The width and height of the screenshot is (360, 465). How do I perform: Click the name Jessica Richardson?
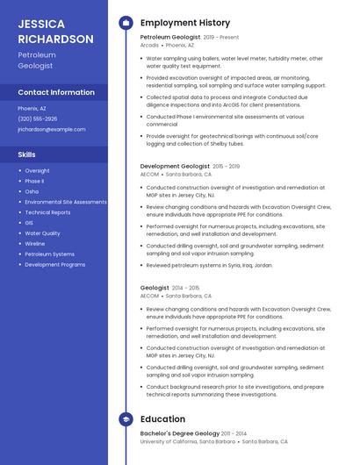pos(55,32)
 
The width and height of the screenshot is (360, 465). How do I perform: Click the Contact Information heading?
pos(56,92)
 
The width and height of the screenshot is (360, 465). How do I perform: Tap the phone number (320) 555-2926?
pos(38,118)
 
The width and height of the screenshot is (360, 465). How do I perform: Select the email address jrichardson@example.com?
pos(52,129)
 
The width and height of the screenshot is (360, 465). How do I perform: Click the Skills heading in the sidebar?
pos(27,154)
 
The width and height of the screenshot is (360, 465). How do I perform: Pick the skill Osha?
pos(32,191)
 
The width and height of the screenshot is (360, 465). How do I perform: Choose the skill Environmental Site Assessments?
pos(66,202)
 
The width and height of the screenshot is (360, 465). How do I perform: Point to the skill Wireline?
pos(35,244)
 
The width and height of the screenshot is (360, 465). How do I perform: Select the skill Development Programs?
pos(55,264)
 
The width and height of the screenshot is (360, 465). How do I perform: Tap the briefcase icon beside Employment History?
pos(126,22)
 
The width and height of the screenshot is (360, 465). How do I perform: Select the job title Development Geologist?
pos(175,166)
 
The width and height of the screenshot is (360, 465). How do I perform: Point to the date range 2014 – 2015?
pos(185,288)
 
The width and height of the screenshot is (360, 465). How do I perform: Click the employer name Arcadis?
pos(149,46)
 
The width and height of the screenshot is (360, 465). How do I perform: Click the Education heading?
pos(162,419)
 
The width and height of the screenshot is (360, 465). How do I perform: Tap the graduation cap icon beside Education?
pos(126,419)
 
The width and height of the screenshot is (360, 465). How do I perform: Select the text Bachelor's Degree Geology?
pos(179,433)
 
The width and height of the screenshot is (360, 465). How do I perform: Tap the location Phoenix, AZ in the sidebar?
pos(32,108)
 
